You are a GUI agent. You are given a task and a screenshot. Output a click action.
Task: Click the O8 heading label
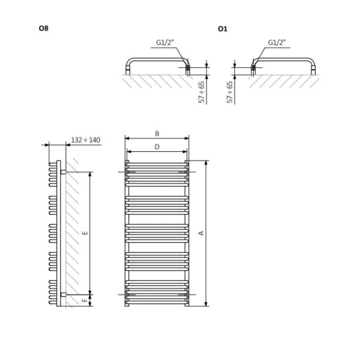coord(44,28)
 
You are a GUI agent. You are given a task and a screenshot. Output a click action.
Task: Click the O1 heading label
coord(223,29)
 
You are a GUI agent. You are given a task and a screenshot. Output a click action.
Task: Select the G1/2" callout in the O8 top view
coord(165,43)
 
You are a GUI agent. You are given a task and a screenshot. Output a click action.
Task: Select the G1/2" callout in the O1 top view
coord(276,43)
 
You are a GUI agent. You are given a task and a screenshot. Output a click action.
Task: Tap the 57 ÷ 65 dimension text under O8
coord(202,92)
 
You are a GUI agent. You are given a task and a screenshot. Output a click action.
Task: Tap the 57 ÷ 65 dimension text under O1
coord(230,92)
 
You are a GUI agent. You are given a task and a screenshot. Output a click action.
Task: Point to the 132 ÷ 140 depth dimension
coord(86,140)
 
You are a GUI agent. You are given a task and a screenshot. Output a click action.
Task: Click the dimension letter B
coord(157,134)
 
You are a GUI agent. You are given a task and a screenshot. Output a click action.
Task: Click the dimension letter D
coord(157,147)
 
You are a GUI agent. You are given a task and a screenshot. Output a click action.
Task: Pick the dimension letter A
coord(201,233)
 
